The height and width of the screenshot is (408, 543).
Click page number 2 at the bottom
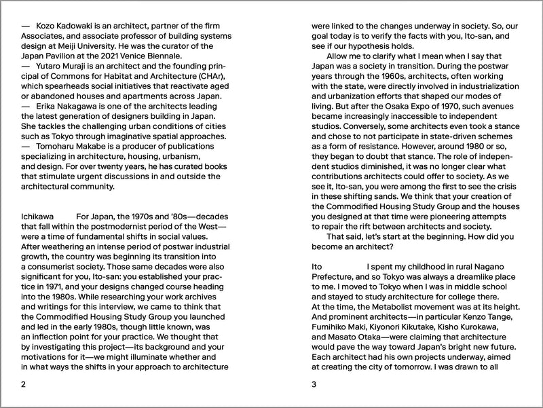click(x=24, y=385)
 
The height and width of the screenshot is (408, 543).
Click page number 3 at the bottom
click(x=314, y=385)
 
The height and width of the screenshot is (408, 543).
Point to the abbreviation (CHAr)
click(x=214, y=77)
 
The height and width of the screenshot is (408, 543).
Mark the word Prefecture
click(x=336, y=278)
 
